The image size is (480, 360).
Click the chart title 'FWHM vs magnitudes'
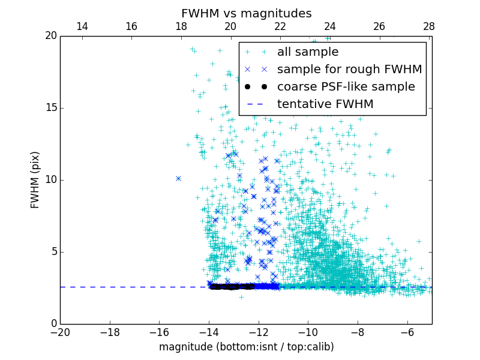(x=246, y=13)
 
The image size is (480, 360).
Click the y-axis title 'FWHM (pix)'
(x=35, y=179)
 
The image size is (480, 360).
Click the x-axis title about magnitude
(x=246, y=347)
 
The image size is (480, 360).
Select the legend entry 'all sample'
(x=308, y=52)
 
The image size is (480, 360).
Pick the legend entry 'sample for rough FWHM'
(x=349, y=70)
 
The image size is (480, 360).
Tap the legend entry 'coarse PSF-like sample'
(x=346, y=87)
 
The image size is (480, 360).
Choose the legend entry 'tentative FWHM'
(x=325, y=104)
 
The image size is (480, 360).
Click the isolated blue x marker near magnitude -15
(x=178, y=178)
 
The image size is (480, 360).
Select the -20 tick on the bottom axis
(x=60, y=332)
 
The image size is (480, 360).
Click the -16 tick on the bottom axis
(x=159, y=332)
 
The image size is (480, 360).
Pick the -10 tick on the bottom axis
(x=308, y=332)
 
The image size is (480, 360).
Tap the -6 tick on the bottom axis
(x=407, y=332)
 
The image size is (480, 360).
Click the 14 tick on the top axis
(x=82, y=26)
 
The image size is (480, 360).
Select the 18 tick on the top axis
(x=181, y=26)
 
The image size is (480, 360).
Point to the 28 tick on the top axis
(x=429, y=26)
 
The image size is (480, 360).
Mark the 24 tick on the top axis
(x=330, y=26)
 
